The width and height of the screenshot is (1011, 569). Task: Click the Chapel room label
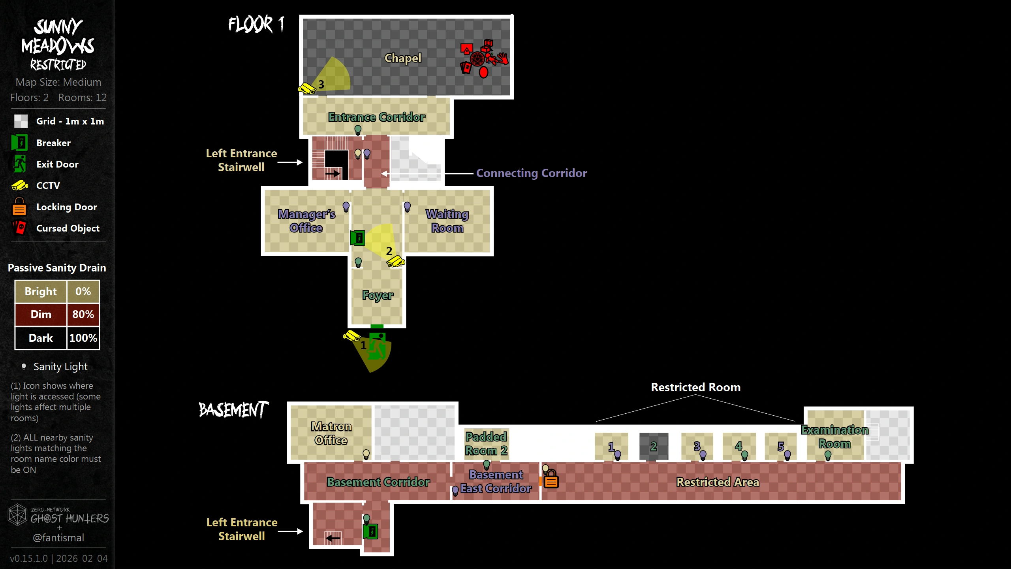pyautogui.click(x=403, y=58)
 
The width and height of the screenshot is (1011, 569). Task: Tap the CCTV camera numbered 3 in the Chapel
pyautogui.click(x=307, y=89)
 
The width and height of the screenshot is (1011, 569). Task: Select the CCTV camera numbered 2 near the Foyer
pyautogui.click(x=395, y=262)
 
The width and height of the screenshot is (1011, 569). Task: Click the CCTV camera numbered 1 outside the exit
pyautogui.click(x=351, y=336)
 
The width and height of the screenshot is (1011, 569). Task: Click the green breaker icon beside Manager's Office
pyautogui.click(x=358, y=238)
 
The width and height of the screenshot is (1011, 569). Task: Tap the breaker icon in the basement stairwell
pyautogui.click(x=370, y=531)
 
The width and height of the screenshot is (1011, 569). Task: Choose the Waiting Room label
pyautogui.click(x=447, y=221)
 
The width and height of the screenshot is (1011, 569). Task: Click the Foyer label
pyautogui.click(x=378, y=295)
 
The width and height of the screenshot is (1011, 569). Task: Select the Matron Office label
pyautogui.click(x=331, y=433)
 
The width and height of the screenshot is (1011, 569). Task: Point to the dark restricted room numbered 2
pyautogui.click(x=654, y=446)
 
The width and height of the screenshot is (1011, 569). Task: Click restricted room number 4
pyautogui.click(x=739, y=446)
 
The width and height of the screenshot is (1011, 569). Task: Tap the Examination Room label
pyautogui.click(x=834, y=437)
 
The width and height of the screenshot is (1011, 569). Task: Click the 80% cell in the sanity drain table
pyautogui.click(x=83, y=315)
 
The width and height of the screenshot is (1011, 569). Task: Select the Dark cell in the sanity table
pyautogui.click(x=41, y=338)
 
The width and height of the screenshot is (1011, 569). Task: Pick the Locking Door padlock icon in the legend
pyautogui.click(x=19, y=207)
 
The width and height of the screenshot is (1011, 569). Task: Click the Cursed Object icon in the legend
pyautogui.click(x=19, y=228)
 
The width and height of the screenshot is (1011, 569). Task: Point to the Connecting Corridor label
pyautogui.click(x=531, y=173)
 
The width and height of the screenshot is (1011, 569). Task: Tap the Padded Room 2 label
pyautogui.click(x=486, y=443)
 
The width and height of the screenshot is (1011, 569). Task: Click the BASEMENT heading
pyautogui.click(x=233, y=410)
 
